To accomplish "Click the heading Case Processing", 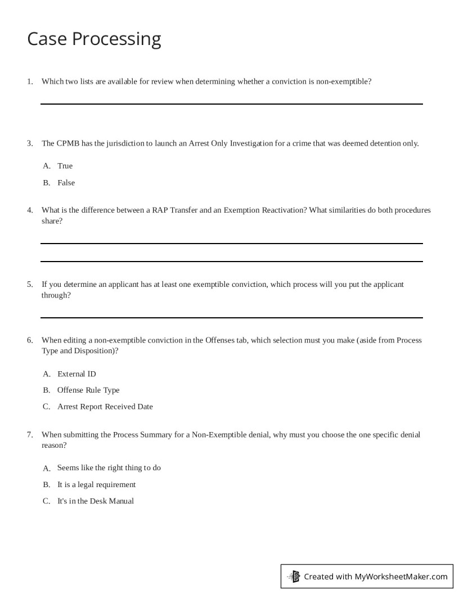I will pos(94,39).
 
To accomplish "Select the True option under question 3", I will pos(65,166).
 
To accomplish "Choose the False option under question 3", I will pos(66,183).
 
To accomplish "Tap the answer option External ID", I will pos(76,374).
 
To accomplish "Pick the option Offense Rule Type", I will pos(88,390).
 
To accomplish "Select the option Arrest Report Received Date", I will pos(105,407).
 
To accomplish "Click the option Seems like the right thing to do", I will pos(109,468).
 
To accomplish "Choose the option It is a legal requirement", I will pos(96,485).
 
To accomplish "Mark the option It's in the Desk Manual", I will pos(95,501).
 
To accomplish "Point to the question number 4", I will pos(30,210).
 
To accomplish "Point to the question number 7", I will pos(30,435).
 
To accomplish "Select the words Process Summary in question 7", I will pos(137,435).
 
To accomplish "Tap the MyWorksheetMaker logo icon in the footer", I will pos(294,576).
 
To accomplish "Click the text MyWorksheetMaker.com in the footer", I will pos(401,577).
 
